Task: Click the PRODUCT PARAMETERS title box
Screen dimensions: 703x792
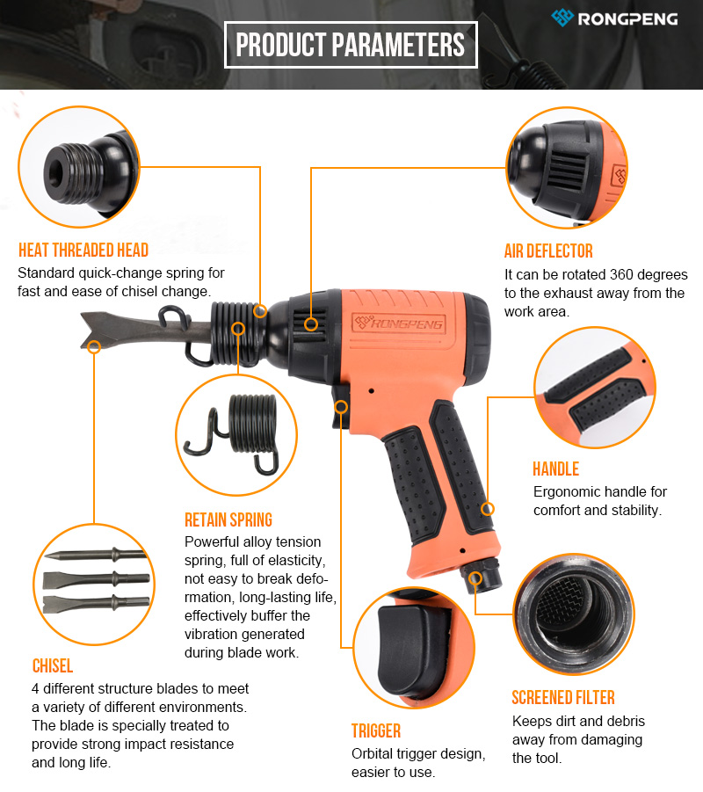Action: click(351, 45)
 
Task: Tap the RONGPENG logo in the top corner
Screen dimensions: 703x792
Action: click(614, 18)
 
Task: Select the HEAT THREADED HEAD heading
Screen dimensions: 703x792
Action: click(83, 250)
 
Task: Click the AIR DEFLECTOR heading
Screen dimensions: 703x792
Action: click(548, 251)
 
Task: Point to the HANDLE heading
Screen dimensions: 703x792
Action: click(555, 469)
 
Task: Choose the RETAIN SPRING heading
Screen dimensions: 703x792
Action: click(228, 520)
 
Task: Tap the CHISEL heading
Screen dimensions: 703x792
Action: click(53, 665)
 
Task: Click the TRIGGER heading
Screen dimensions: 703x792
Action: click(376, 730)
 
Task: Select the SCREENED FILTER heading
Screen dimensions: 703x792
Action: click(563, 698)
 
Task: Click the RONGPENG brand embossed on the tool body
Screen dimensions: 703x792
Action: click(398, 323)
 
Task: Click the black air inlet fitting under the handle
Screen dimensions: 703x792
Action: click(481, 576)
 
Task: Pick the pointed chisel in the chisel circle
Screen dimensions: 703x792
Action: click(96, 556)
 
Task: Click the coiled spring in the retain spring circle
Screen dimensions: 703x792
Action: click(252, 423)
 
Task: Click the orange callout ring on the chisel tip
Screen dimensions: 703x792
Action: click(94, 346)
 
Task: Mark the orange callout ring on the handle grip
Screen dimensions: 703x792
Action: click(488, 509)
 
